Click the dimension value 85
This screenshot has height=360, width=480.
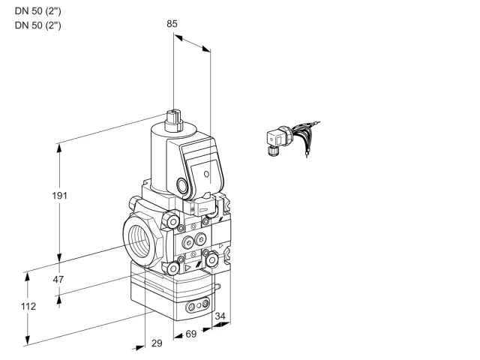point(172,23)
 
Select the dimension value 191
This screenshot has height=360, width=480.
point(59,195)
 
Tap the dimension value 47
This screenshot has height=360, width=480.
point(58,279)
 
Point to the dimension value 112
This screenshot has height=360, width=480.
point(28,306)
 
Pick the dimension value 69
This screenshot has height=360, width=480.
point(191,334)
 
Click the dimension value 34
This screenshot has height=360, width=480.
point(220,316)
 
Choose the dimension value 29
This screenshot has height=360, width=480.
point(157,343)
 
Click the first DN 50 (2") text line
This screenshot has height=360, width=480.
point(38,11)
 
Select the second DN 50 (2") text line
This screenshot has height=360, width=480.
point(38,25)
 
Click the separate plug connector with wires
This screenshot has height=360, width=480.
point(292,138)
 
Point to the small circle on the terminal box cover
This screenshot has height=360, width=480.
point(207,174)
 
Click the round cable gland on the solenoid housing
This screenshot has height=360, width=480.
point(182,185)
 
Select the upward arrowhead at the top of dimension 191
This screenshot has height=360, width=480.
point(59,148)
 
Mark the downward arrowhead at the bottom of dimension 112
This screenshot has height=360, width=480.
point(28,340)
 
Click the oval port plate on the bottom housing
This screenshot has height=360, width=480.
point(198,305)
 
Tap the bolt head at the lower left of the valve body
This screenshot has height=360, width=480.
point(173,268)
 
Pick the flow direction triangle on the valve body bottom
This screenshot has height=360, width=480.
point(187,268)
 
